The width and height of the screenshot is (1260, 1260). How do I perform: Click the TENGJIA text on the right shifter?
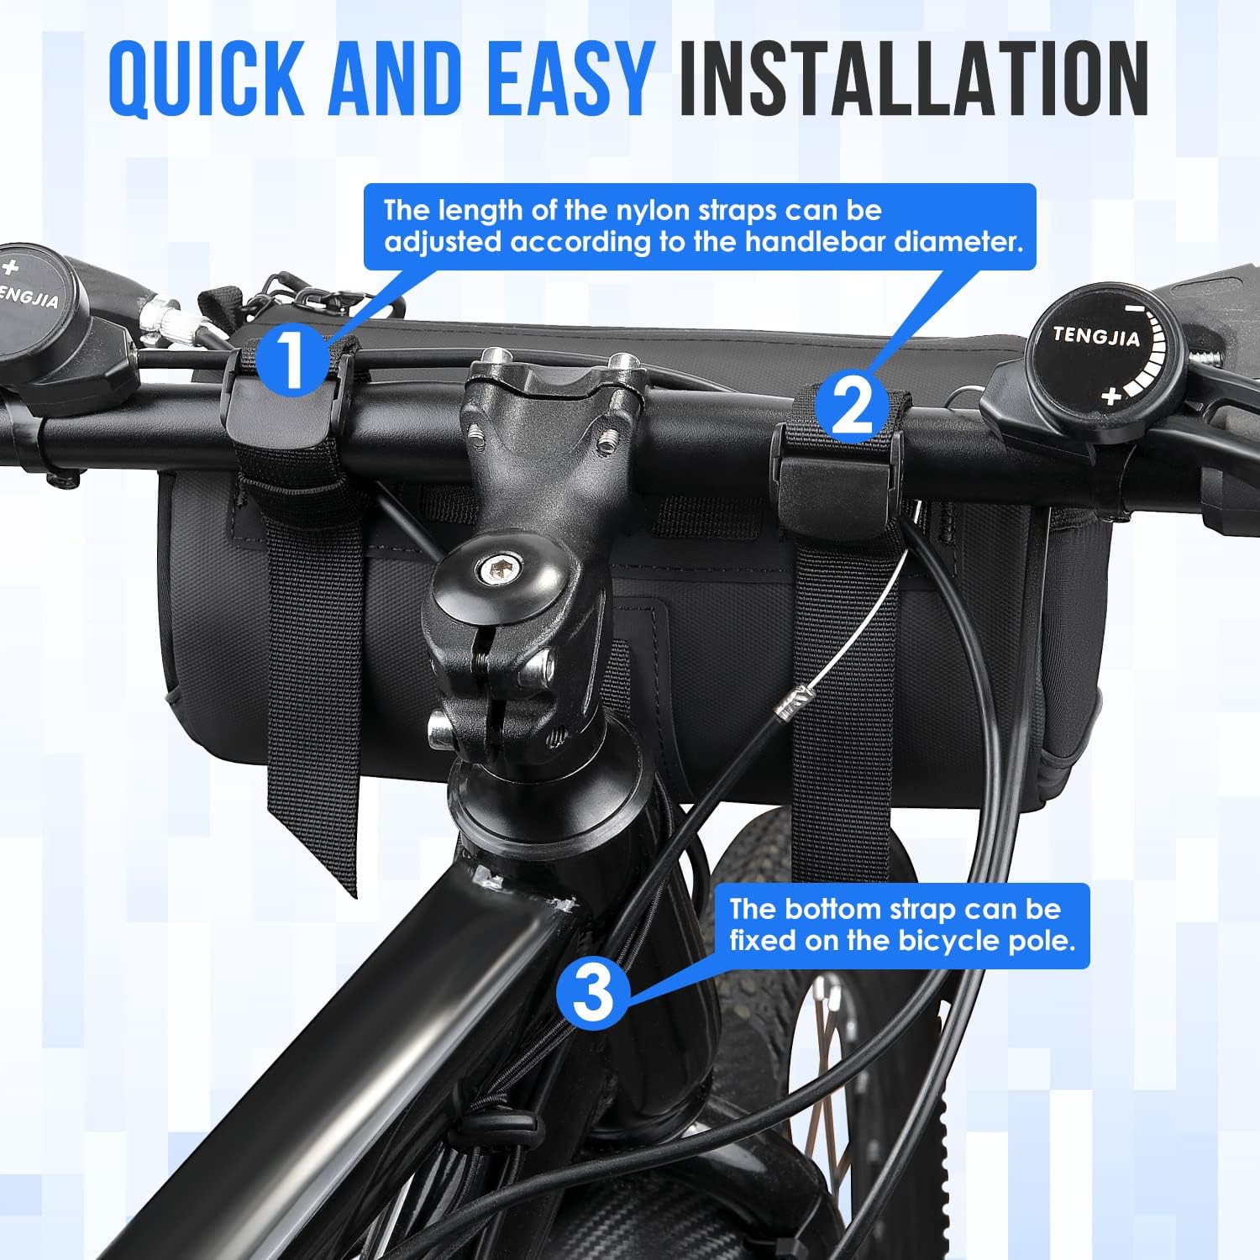(x=1096, y=336)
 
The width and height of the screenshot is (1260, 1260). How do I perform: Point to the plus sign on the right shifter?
(x=1111, y=396)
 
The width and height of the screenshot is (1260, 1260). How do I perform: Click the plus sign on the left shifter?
(x=10, y=269)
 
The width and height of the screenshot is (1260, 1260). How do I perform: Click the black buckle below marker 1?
(x=277, y=420)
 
